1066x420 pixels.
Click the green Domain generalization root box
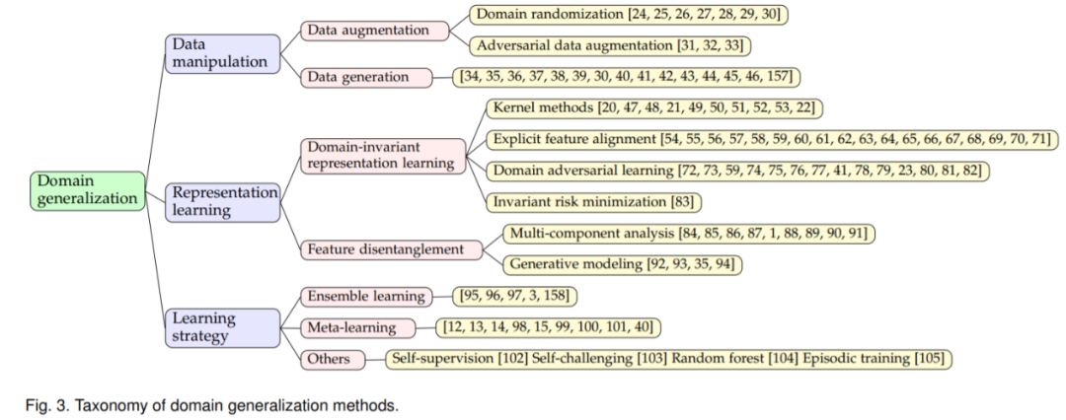(x=88, y=190)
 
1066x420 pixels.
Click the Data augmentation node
(x=367, y=31)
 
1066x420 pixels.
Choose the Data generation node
(x=366, y=76)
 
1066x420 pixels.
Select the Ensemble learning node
(x=365, y=296)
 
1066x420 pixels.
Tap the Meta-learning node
(x=352, y=326)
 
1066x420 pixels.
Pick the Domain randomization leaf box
(x=630, y=15)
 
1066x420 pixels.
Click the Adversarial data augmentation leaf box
(x=609, y=45)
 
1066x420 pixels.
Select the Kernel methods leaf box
(x=654, y=107)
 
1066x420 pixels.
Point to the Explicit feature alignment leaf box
(x=772, y=139)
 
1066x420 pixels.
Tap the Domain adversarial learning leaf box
(x=737, y=171)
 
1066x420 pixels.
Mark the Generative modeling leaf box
(x=623, y=264)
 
